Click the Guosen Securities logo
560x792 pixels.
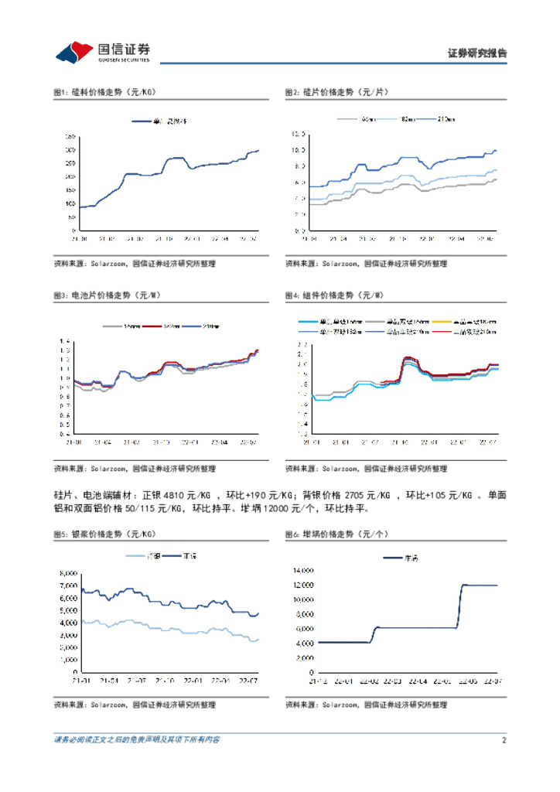[x=101, y=52]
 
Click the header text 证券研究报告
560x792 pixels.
[x=477, y=53]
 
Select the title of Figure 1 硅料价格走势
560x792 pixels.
[x=104, y=92]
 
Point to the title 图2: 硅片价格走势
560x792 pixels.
[x=336, y=92]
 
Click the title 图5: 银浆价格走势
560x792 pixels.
[x=104, y=534]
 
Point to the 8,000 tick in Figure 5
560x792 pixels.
[x=67, y=573]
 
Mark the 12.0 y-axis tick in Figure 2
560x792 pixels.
[x=299, y=134]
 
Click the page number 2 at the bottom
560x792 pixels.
[x=503, y=740]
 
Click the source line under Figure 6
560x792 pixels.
[x=366, y=705]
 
